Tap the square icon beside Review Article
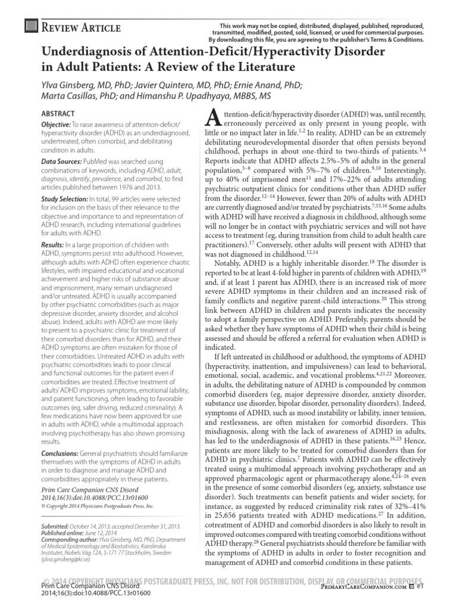(29, 27)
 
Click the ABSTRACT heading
(58, 113)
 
